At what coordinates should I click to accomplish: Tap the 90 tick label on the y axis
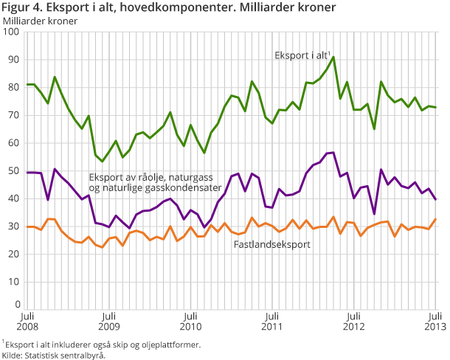click(13, 60)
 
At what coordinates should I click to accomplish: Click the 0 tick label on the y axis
click(16, 304)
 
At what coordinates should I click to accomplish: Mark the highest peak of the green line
click(333, 57)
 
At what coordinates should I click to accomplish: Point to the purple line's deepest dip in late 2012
click(374, 213)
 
